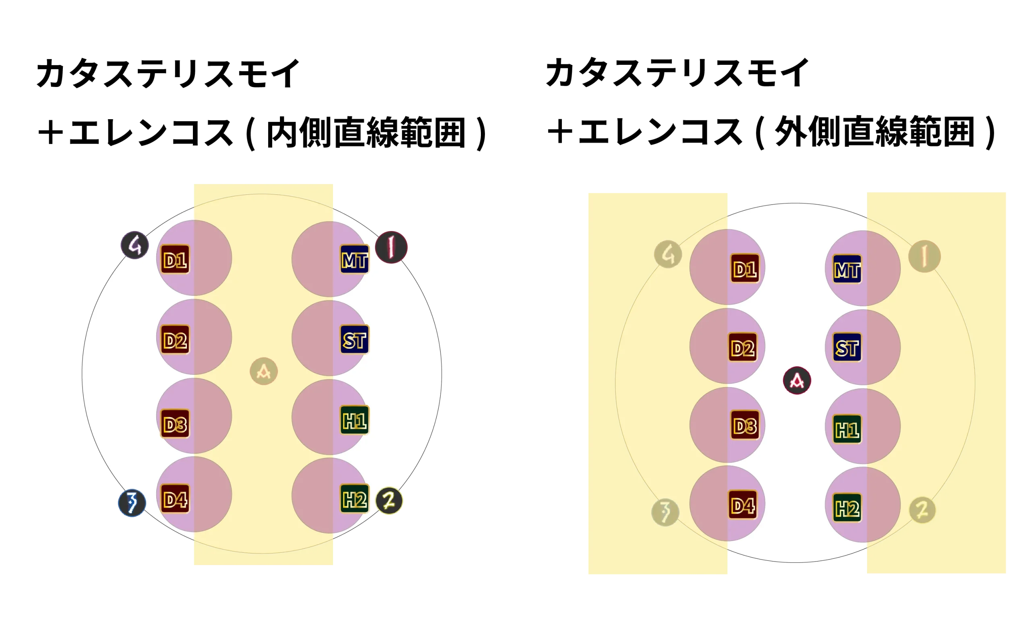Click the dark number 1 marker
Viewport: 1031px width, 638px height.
pyautogui.click(x=391, y=247)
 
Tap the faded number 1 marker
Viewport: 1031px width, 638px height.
pyautogui.click(x=924, y=256)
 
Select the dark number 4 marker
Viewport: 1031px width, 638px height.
pyautogui.click(x=135, y=245)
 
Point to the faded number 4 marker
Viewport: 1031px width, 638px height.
pyautogui.click(x=668, y=254)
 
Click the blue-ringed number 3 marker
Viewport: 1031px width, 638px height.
pyautogui.click(x=132, y=503)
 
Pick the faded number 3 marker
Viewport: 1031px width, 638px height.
pyautogui.click(x=665, y=512)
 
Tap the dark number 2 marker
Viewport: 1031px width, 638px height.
pyautogui.click(x=389, y=501)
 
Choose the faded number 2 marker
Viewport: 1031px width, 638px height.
pyautogui.click(x=922, y=510)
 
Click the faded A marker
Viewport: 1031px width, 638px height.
pyautogui.click(x=263, y=371)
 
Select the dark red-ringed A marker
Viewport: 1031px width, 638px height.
pyautogui.click(x=797, y=381)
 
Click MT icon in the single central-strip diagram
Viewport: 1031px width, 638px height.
pyautogui.click(x=355, y=260)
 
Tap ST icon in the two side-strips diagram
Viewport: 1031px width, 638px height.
pyautogui.click(x=847, y=348)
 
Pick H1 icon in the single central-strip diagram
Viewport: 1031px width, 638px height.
pyautogui.click(x=355, y=420)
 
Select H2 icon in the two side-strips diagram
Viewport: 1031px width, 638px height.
pyautogui.click(x=847, y=508)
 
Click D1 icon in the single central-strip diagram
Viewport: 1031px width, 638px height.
pyautogui.click(x=175, y=260)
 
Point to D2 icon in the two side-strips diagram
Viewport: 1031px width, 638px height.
pyautogui.click(x=743, y=348)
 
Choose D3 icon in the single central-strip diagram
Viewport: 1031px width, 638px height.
pyautogui.click(x=175, y=423)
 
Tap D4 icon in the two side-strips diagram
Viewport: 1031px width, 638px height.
pyautogui.click(x=743, y=505)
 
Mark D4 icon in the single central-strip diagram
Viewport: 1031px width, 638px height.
pyautogui.click(x=175, y=500)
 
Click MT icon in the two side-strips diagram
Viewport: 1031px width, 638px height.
pyautogui.click(x=847, y=269)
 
